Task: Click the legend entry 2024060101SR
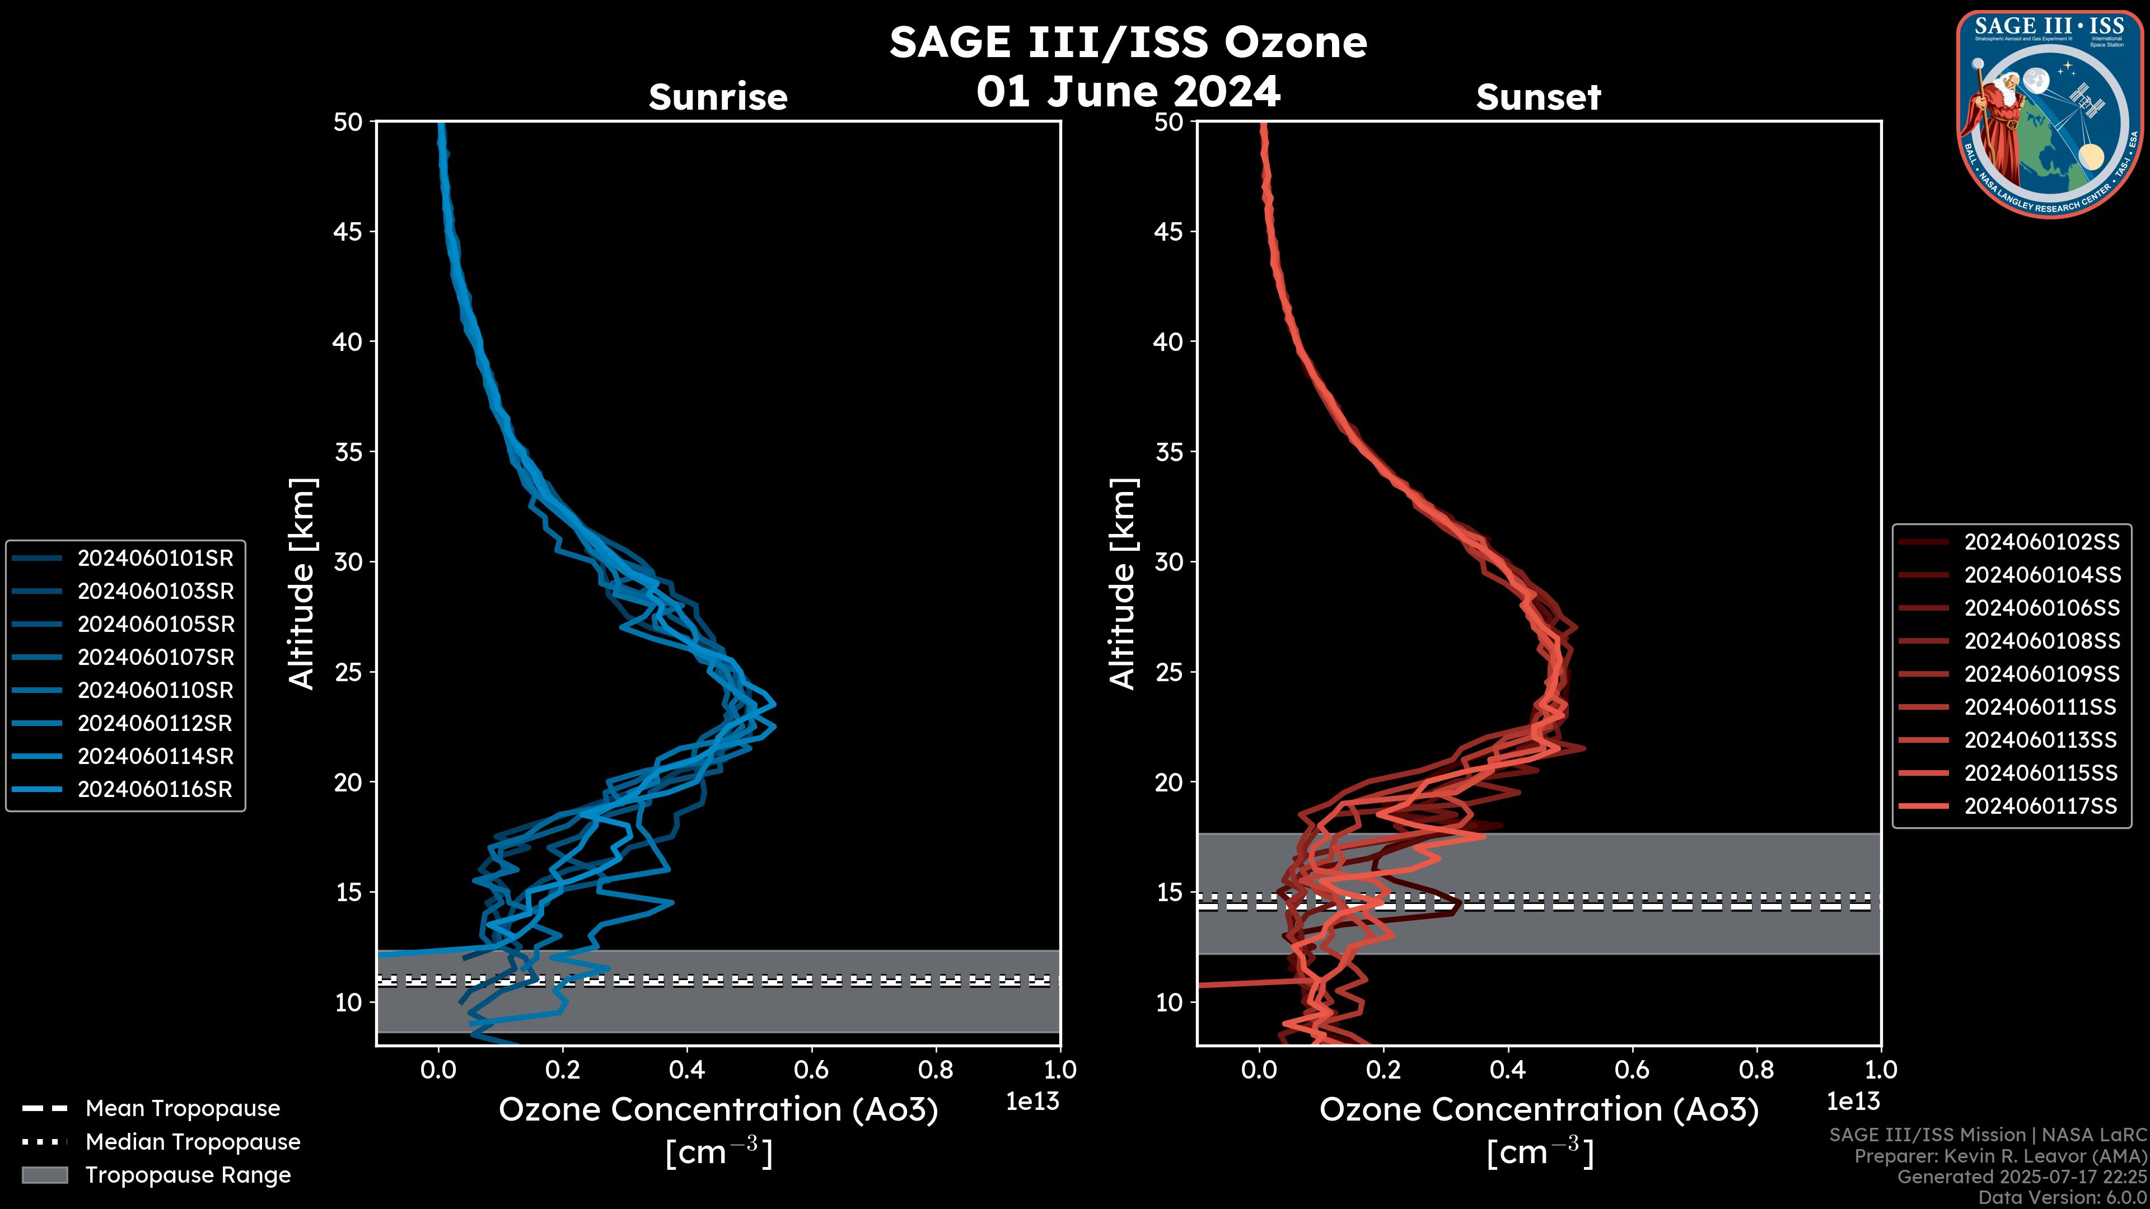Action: tap(155, 558)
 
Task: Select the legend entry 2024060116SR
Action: tap(155, 789)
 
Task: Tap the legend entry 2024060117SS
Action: tap(2041, 806)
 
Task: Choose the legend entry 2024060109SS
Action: tap(2041, 674)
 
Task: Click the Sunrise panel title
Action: tap(718, 97)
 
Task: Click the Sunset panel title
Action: tap(1538, 97)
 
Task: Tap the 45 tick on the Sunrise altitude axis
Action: tap(348, 232)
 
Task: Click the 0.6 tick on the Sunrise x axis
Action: tap(811, 1070)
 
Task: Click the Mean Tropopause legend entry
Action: tap(182, 1109)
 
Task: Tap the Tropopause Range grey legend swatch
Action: tap(44, 1175)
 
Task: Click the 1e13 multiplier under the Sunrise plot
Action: tap(1032, 1102)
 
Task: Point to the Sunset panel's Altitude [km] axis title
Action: tap(1123, 584)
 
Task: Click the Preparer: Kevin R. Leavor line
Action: tap(2001, 1156)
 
